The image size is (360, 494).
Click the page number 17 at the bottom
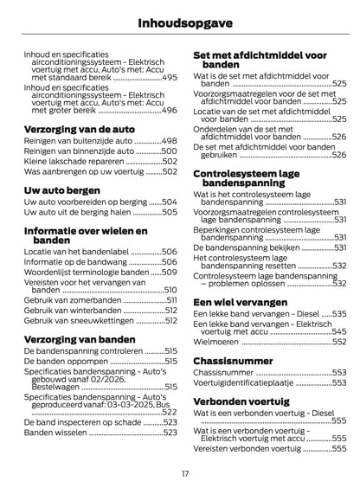pyautogui.click(x=184, y=472)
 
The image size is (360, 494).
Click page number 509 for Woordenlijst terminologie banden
pyautogui.click(x=169, y=270)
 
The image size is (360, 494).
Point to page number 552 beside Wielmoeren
pyautogui.click(x=339, y=342)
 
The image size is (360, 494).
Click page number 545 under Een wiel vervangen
pyautogui.click(x=339, y=330)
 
